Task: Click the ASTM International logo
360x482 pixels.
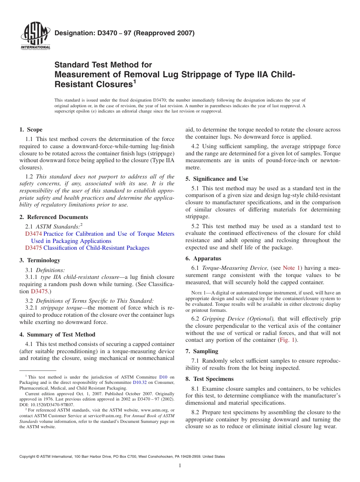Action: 35,36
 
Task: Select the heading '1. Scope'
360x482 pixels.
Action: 31,130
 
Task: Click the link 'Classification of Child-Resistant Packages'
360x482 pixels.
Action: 96,248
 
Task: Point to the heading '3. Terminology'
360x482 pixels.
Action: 40,260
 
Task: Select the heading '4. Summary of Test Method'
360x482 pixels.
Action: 57,335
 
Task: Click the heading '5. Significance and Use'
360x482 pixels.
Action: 217,179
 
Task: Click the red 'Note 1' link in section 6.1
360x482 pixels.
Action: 292,268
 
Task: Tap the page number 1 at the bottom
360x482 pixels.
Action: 180,466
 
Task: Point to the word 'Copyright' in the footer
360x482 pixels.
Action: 28,457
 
